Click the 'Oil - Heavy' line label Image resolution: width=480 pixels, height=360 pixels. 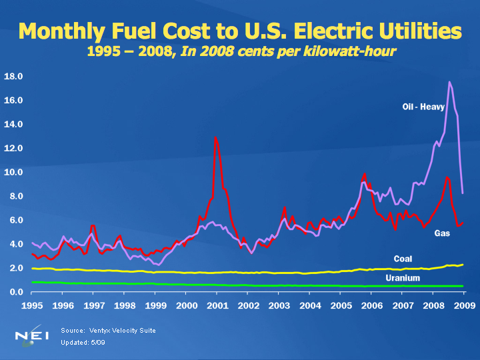[x=423, y=107]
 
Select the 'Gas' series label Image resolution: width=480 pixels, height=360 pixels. [x=442, y=233]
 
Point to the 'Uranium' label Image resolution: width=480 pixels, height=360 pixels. [x=403, y=277]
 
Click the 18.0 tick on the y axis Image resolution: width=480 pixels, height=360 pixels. [x=14, y=77]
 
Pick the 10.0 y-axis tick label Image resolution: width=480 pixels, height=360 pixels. [x=14, y=172]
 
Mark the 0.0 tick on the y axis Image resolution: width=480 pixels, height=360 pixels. [x=14, y=292]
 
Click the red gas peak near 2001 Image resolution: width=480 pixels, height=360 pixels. [x=215, y=137]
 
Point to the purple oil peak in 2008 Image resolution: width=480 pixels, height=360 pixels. [x=450, y=82]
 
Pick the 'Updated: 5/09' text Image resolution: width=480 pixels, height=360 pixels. [x=83, y=342]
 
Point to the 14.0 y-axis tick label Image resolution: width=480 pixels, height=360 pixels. [x=14, y=124]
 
